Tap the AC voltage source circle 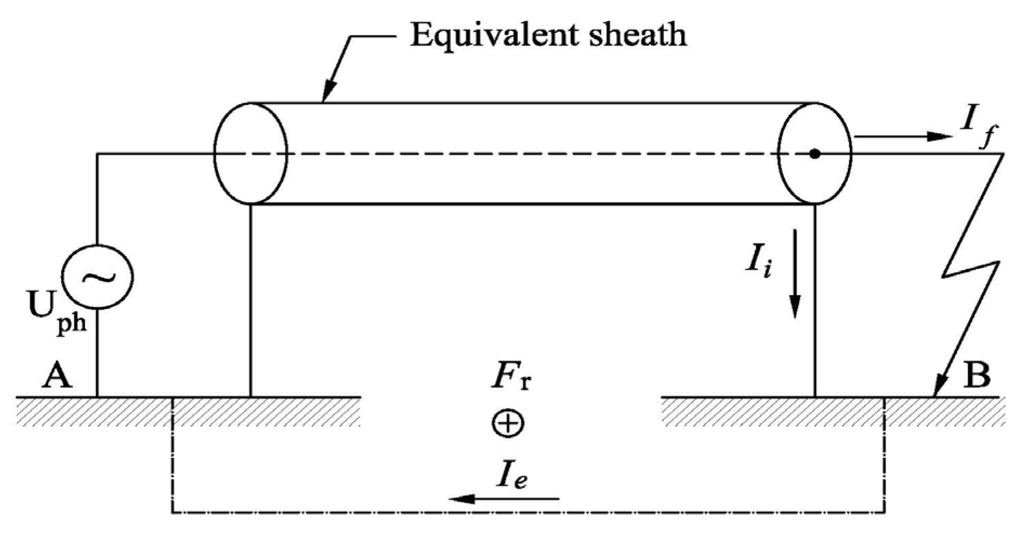(97, 277)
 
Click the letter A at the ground (57, 375)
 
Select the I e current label (511, 474)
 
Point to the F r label (511, 377)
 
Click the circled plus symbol (508, 423)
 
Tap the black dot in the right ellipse (815, 154)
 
